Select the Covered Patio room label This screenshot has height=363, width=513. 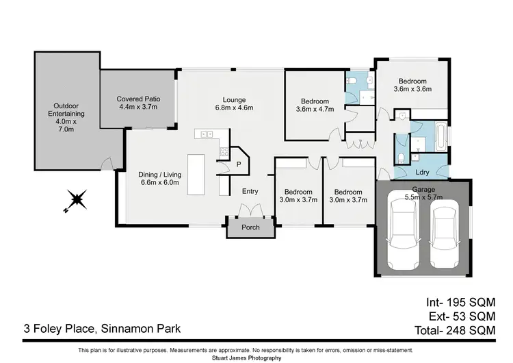coord(137,103)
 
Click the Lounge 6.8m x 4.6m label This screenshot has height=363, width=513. coord(233,103)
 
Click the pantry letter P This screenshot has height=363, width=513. coord(239,164)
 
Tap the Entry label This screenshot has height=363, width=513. coord(250,192)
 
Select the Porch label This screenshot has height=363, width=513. coord(250,227)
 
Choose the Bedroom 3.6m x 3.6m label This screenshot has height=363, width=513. coord(412,84)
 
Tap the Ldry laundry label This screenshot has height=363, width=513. coord(422,173)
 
